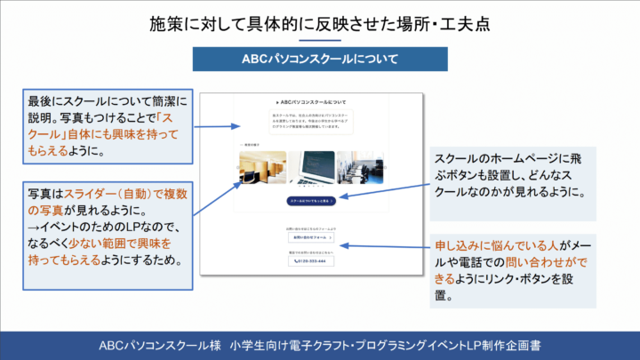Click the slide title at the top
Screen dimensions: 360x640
point(320,22)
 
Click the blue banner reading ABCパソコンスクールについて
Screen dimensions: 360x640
point(320,59)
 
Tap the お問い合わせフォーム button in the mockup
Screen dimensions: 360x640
point(312,238)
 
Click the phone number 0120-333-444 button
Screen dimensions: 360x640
point(312,263)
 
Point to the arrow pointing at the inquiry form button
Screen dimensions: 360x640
point(382,243)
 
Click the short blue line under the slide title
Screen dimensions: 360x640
point(320,41)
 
